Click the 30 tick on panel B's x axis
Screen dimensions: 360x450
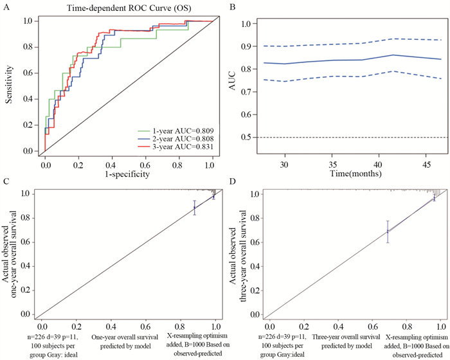[x=283, y=165]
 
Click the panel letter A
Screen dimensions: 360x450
[x=4, y=8]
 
